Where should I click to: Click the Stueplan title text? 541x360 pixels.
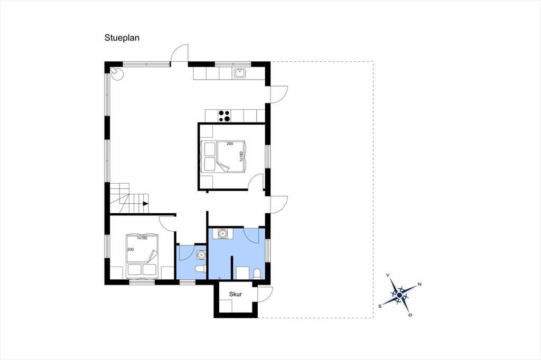click(122, 38)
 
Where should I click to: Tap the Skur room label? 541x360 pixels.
click(235, 294)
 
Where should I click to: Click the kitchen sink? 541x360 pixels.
click(239, 73)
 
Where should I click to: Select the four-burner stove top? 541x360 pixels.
click(224, 116)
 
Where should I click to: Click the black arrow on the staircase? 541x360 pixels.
click(146, 203)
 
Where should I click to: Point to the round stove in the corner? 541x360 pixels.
click(117, 73)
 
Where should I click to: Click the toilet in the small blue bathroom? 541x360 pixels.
click(200, 269)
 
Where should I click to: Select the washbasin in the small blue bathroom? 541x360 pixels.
click(201, 255)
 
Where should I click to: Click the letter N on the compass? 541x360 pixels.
click(419, 285)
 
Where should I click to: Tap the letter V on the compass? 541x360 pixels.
click(388, 275)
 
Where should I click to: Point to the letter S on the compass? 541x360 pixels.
click(380, 306)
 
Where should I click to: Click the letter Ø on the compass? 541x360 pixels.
click(410, 315)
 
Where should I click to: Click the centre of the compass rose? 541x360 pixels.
click(399, 295)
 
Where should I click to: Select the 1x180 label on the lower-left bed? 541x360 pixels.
click(142, 238)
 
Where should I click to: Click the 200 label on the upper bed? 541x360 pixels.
click(230, 144)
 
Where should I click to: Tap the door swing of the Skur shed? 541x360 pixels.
click(265, 295)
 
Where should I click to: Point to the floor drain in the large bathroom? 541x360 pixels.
click(219, 277)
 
